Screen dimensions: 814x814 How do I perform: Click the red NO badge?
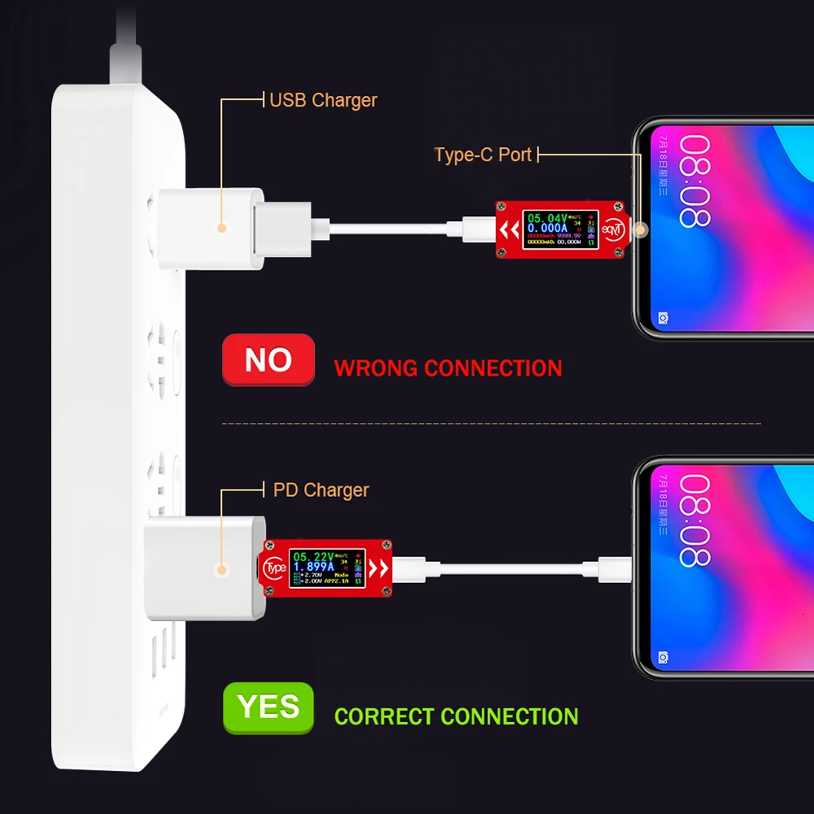tap(268, 359)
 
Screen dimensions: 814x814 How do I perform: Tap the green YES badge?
tap(268, 707)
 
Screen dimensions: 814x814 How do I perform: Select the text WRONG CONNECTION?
tap(447, 368)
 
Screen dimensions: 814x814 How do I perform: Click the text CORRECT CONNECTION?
tap(456, 716)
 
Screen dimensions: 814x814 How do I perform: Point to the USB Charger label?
tap(323, 100)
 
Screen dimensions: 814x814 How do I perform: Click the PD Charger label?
tap(320, 490)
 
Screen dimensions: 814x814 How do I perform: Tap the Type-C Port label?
tap(483, 155)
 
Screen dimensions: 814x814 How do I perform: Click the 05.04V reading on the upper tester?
tap(546, 218)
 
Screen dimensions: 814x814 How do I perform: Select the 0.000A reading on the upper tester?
tap(546, 229)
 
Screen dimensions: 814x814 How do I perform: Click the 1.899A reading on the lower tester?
tap(316, 566)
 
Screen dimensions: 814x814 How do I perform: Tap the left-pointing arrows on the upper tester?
tap(510, 231)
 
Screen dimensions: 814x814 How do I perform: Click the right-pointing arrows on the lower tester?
tap(378, 567)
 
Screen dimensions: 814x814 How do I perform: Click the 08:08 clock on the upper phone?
tap(695, 181)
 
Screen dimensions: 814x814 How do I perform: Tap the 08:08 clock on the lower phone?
tap(695, 521)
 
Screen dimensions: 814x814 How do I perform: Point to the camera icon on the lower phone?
tap(664, 656)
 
